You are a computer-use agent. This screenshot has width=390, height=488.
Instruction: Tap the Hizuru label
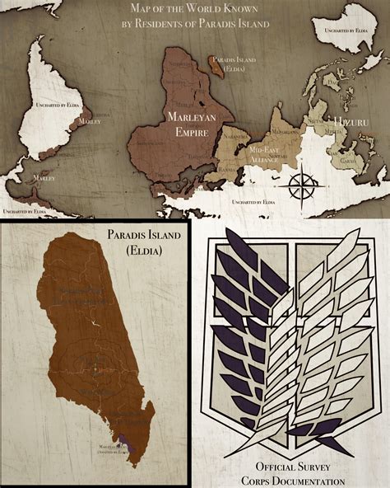pos(345,123)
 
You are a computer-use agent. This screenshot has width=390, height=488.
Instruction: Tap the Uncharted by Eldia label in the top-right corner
pos(346,30)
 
